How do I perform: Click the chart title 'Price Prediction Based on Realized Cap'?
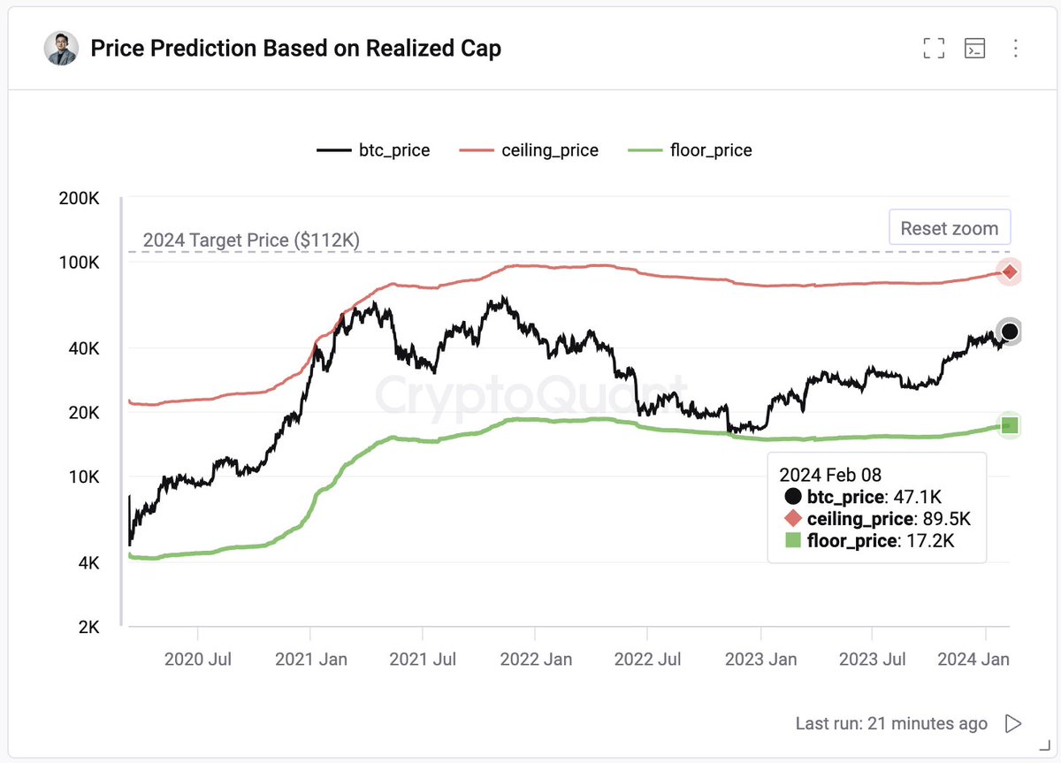295,49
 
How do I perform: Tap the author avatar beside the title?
61,49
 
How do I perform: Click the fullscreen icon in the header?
934,49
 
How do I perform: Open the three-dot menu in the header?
1016,49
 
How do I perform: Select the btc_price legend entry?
373,150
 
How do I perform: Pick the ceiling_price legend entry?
529,150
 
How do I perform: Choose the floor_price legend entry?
690,150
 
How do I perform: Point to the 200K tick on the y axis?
79,199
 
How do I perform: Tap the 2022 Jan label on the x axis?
535,659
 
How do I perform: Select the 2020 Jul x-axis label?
199,659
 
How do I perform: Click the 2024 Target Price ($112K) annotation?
251,240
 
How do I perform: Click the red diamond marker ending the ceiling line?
1009,271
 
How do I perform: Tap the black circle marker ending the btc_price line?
1009,332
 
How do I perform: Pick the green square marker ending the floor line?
1009,425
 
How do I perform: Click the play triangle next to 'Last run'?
1013,724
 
